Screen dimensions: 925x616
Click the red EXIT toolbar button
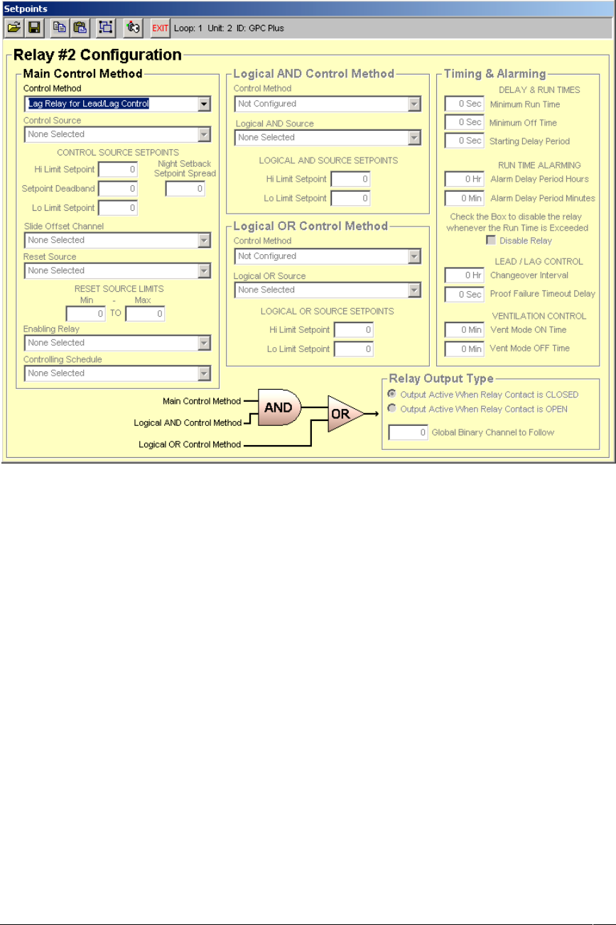pos(160,28)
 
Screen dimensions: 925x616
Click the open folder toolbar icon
pos(13,28)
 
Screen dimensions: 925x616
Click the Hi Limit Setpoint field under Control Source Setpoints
pos(118,170)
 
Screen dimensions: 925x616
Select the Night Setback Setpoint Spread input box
pos(185,189)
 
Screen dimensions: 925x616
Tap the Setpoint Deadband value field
pos(118,189)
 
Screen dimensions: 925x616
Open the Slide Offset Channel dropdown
pos(117,240)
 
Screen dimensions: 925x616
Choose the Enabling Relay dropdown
pos(117,343)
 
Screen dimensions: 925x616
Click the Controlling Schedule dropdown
pos(117,373)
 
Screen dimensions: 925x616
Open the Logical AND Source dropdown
pos(328,138)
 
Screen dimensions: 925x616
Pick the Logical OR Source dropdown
pos(328,290)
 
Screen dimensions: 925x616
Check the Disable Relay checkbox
pos(490,241)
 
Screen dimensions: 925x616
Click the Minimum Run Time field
pos(465,104)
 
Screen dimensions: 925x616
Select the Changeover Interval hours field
pos(465,275)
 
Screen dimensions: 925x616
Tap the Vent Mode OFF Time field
pos(465,349)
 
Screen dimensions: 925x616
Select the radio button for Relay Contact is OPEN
pos(391,409)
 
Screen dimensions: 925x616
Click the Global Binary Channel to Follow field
pos(409,432)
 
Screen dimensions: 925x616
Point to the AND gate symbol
pos(279,407)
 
